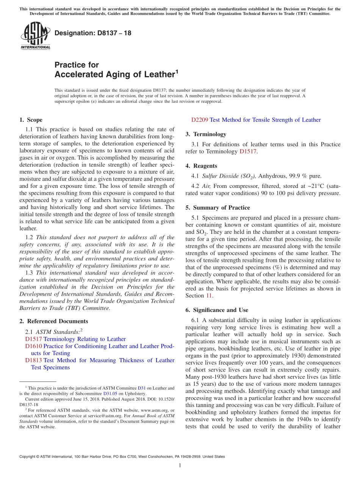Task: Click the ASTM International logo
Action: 35,36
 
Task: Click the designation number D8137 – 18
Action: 93,33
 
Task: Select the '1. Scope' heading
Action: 31,120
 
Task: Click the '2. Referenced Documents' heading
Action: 53,321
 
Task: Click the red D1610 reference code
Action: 34,346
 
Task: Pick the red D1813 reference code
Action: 34,360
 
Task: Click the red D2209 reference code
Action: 200,120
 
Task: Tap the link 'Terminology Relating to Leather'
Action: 85,339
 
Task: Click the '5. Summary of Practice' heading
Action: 218,208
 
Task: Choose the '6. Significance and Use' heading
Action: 217,310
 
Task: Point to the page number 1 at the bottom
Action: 180,465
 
